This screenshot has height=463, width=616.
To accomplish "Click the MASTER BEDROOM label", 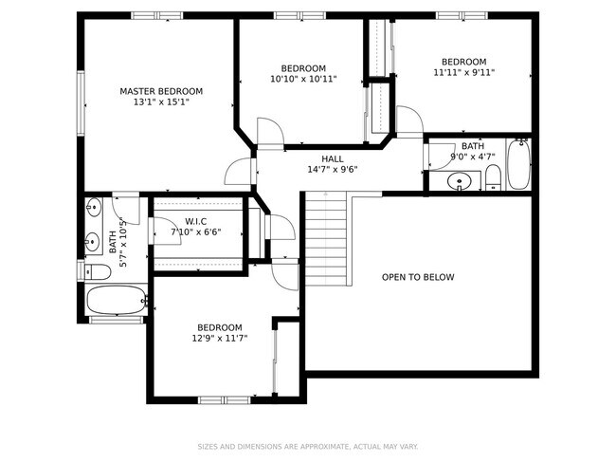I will pos(161,91).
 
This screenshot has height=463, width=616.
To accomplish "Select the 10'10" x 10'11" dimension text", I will pos(303,80).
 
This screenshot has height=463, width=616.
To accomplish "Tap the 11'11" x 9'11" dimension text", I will pos(463,72).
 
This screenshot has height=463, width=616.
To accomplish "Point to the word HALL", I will pos(332,158).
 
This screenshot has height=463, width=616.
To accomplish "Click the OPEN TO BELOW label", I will pos(417,277).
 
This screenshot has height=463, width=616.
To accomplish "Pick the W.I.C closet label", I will pos(196,220).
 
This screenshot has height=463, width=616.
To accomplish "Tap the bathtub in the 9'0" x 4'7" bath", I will pos(517,165).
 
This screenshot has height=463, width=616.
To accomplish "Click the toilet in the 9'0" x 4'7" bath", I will pos(493,177).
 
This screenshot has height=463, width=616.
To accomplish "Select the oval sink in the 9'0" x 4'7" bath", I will pos(460,180).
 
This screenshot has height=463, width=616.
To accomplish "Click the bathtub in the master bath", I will pos(116,303).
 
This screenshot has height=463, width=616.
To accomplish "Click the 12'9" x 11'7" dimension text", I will pos(219,338).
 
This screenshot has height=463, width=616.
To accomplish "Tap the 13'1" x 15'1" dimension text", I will pos(161,102).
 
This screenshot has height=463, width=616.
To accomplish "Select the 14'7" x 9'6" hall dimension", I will pos(332,170).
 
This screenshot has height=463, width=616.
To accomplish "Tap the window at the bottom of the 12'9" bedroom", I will pos(224,398).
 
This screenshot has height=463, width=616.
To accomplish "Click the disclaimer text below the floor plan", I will pos(307,446).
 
